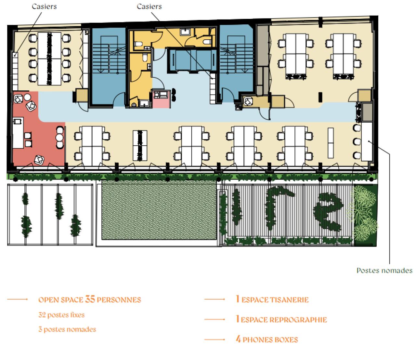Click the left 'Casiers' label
(x=44, y=7)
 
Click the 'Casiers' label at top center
(x=149, y=7)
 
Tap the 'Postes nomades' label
(x=384, y=270)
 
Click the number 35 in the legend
(x=90, y=299)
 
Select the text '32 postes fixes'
(x=61, y=315)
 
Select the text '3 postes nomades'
(x=67, y=329)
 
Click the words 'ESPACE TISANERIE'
(x=275, y=300)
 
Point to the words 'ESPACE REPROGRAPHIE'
(x=284, y=320)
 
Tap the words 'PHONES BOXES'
(x=270, y=340)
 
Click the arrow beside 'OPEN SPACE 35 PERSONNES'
(x=18, y=299)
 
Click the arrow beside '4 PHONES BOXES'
(x=214, y=340)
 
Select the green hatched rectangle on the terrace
(x=159, y=210)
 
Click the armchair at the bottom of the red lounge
(x=39, y=159)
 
